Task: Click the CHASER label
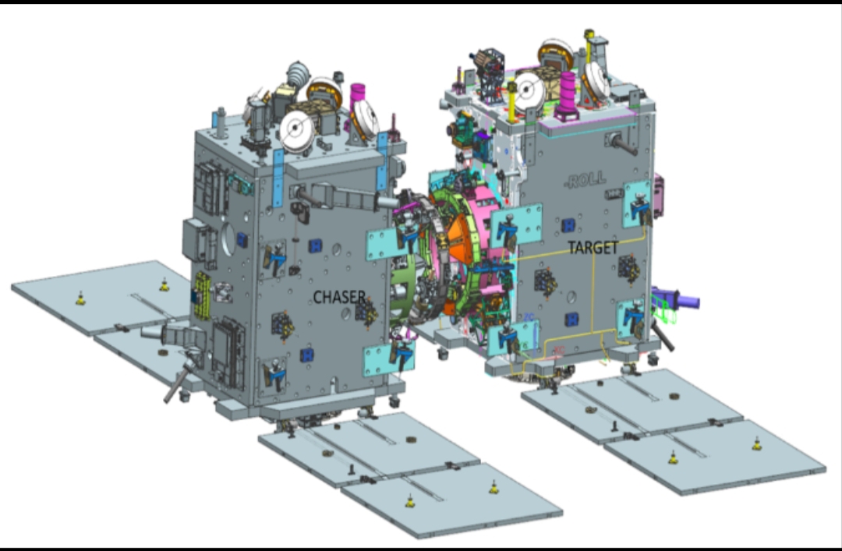(x=339, y=297)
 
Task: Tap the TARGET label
(x=593, y=248)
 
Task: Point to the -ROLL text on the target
(x=585, y=180)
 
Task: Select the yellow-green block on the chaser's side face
(x=203, y=295)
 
